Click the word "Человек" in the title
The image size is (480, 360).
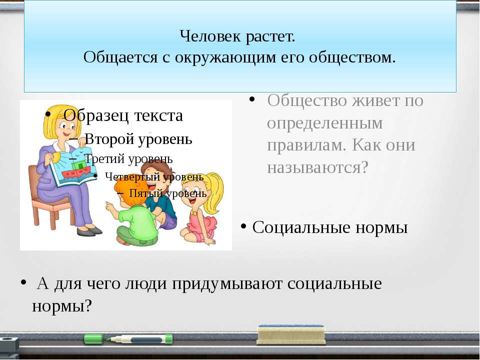(x=208, y=36)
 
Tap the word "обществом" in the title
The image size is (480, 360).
(x=352, y=57)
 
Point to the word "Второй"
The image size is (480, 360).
(x=109, y=139)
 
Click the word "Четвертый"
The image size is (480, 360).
(x=132, y=176)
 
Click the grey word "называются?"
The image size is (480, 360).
(x=317, y=167)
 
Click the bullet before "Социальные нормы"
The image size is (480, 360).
(x=243, y=227)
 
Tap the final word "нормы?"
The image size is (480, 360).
(x=62, y=305)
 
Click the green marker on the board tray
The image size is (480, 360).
(x=128, y=339)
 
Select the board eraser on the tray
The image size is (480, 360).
(x=291, y=334)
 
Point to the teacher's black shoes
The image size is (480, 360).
(x=89, y=231)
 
